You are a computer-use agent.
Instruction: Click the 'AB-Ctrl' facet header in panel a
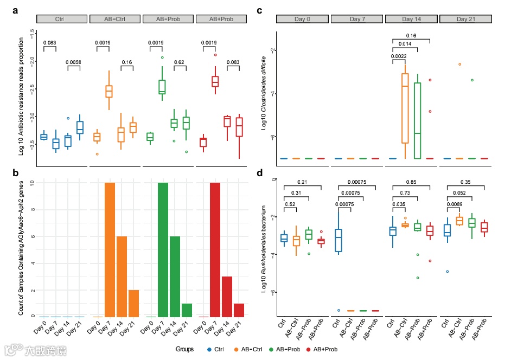coord(114,19)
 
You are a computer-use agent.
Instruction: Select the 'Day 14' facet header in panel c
coord(411,19)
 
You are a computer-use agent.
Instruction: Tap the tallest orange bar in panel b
coord(110,249)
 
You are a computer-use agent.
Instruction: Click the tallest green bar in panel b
coord(163,249)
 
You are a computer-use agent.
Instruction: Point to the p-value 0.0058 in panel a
coord(73,62)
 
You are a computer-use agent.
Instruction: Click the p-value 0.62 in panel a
coord(179,62)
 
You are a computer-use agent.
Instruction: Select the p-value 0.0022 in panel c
coord(398,56)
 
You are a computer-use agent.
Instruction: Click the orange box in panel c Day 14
coord(404,108)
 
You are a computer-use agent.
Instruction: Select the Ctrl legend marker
coord(209,350)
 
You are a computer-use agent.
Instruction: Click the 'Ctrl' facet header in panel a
coord(60,19)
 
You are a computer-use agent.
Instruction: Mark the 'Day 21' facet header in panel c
coord(465,19)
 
